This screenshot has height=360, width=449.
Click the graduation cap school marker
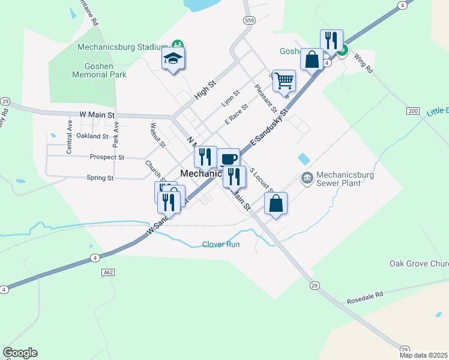173,59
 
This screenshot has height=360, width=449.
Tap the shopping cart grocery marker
284,80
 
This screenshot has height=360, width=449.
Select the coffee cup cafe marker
228,159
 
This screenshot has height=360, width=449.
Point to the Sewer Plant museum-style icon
307,178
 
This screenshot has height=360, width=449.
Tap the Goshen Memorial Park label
99,70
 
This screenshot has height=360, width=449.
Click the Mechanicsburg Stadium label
122,47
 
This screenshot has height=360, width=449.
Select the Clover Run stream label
221,244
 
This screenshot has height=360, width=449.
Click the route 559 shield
249,20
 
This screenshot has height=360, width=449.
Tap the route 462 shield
108,272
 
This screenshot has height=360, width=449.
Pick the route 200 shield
412,111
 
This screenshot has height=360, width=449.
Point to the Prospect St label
106,157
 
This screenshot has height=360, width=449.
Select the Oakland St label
92,136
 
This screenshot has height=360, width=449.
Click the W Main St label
97,114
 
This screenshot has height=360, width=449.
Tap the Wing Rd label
364,64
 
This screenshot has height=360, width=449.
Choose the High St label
204,91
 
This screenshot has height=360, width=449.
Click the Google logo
20,353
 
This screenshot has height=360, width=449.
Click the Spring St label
100,178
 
